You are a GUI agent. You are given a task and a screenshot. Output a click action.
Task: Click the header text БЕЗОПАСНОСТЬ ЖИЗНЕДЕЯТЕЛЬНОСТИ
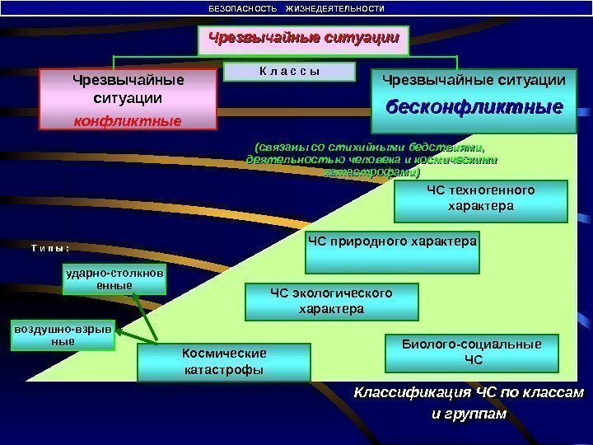[296, 8]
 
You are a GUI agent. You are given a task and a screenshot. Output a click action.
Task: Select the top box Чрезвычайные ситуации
[303, 39]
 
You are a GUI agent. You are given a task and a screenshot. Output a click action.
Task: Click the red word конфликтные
[128, 120]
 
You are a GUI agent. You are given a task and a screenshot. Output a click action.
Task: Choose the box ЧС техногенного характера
[480, 199]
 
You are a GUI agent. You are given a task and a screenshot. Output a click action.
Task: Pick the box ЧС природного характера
[392, 252]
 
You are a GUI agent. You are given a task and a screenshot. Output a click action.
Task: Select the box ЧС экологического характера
[332, 302]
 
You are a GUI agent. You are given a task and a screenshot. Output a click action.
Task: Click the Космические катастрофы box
[224, 362]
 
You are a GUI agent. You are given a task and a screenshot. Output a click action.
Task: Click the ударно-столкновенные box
[114, 279]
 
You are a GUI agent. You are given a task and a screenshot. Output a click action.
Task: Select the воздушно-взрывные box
[63, 335]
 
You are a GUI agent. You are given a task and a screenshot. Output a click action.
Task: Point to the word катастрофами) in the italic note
[372, 173]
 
